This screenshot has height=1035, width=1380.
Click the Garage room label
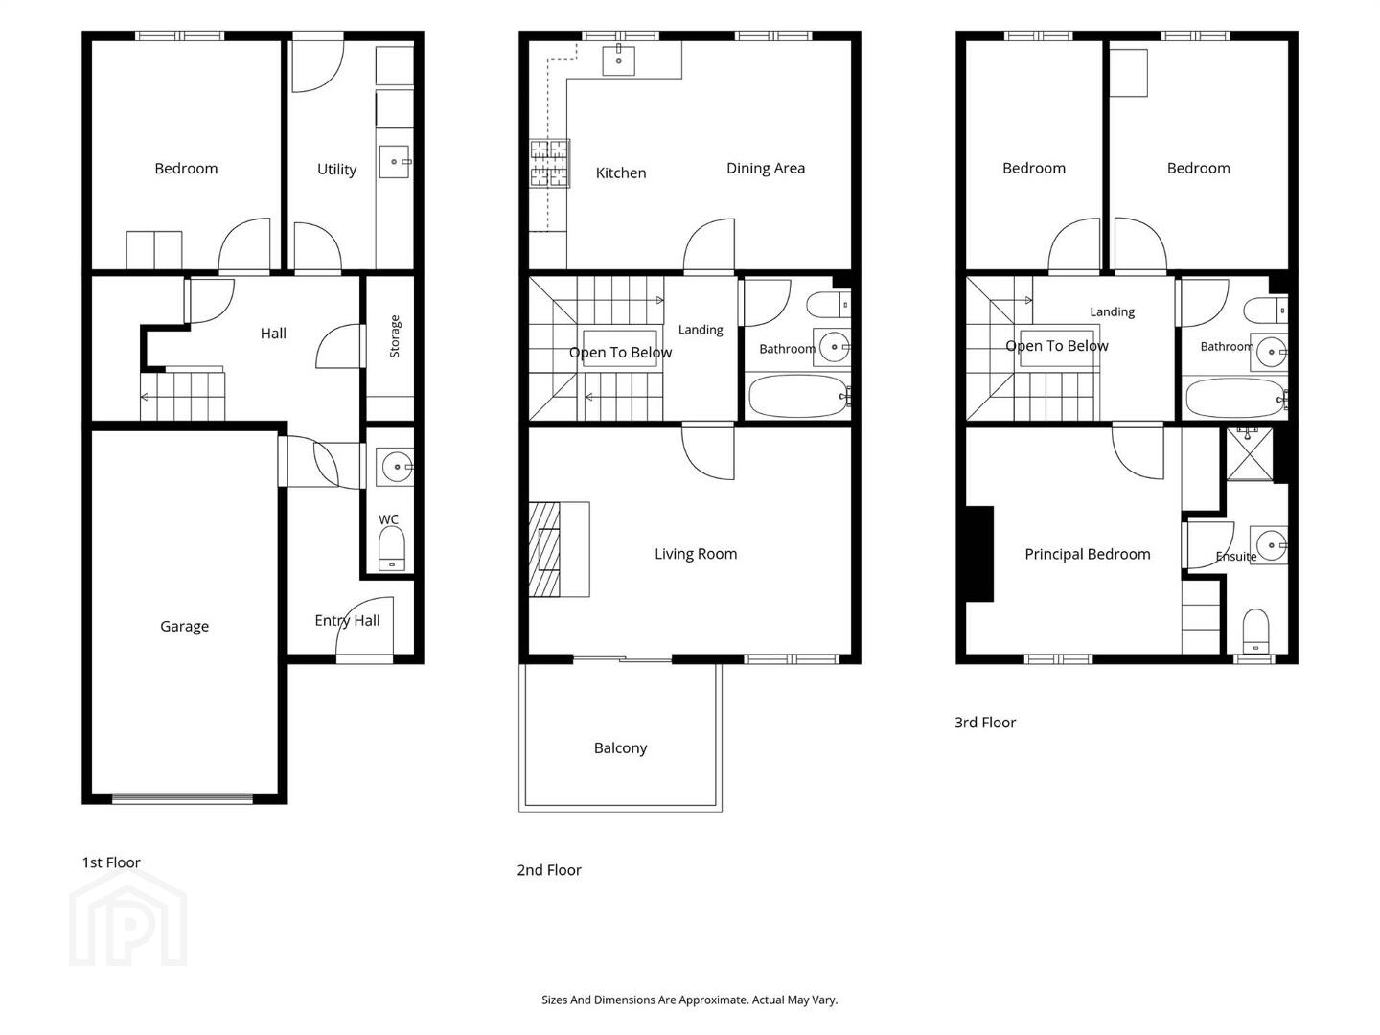[x=184, y=626]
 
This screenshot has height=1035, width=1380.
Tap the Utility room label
[x=336, y=169]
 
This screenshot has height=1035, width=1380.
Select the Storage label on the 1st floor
[x=394, y=336]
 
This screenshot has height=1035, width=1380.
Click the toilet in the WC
[x=392, y=548]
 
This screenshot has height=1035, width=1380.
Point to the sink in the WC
[x=396, y=467]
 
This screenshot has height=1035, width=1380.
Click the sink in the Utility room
[x=395, y=162]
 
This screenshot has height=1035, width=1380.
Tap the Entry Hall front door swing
[x=365, y=626]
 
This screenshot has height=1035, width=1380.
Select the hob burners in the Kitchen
[x=549, y=163]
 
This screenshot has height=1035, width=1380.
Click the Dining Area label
[x=765, y=168]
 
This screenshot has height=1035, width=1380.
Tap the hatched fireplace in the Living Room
[x=544, y=548]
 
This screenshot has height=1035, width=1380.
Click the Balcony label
[x=620, y=747]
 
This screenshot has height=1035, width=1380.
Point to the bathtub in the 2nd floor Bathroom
[x=798, y=396]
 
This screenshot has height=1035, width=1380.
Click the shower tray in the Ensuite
[x=1250, y=453]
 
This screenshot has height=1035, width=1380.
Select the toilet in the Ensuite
[x=1256, y=631]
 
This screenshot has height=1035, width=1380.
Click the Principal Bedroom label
[x=1087, y=554]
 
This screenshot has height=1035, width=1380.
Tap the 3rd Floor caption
[x=984, y=723]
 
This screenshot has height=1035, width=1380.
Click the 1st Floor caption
[x=110, y=862]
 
